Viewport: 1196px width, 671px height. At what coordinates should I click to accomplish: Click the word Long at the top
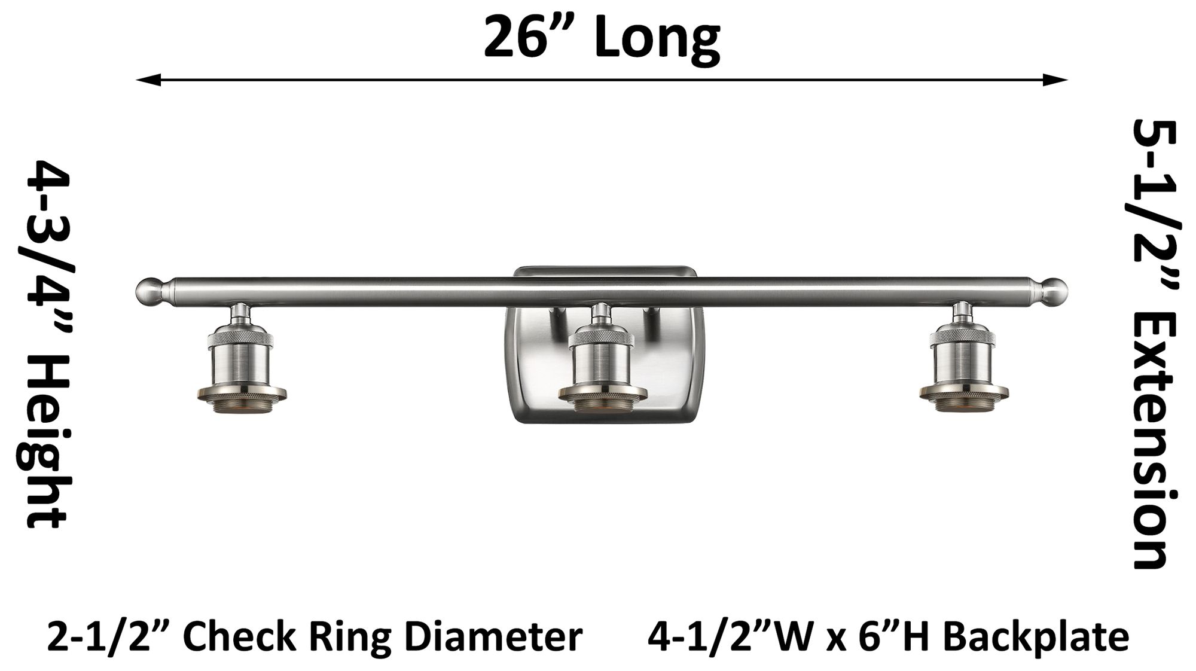coord(658,38)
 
